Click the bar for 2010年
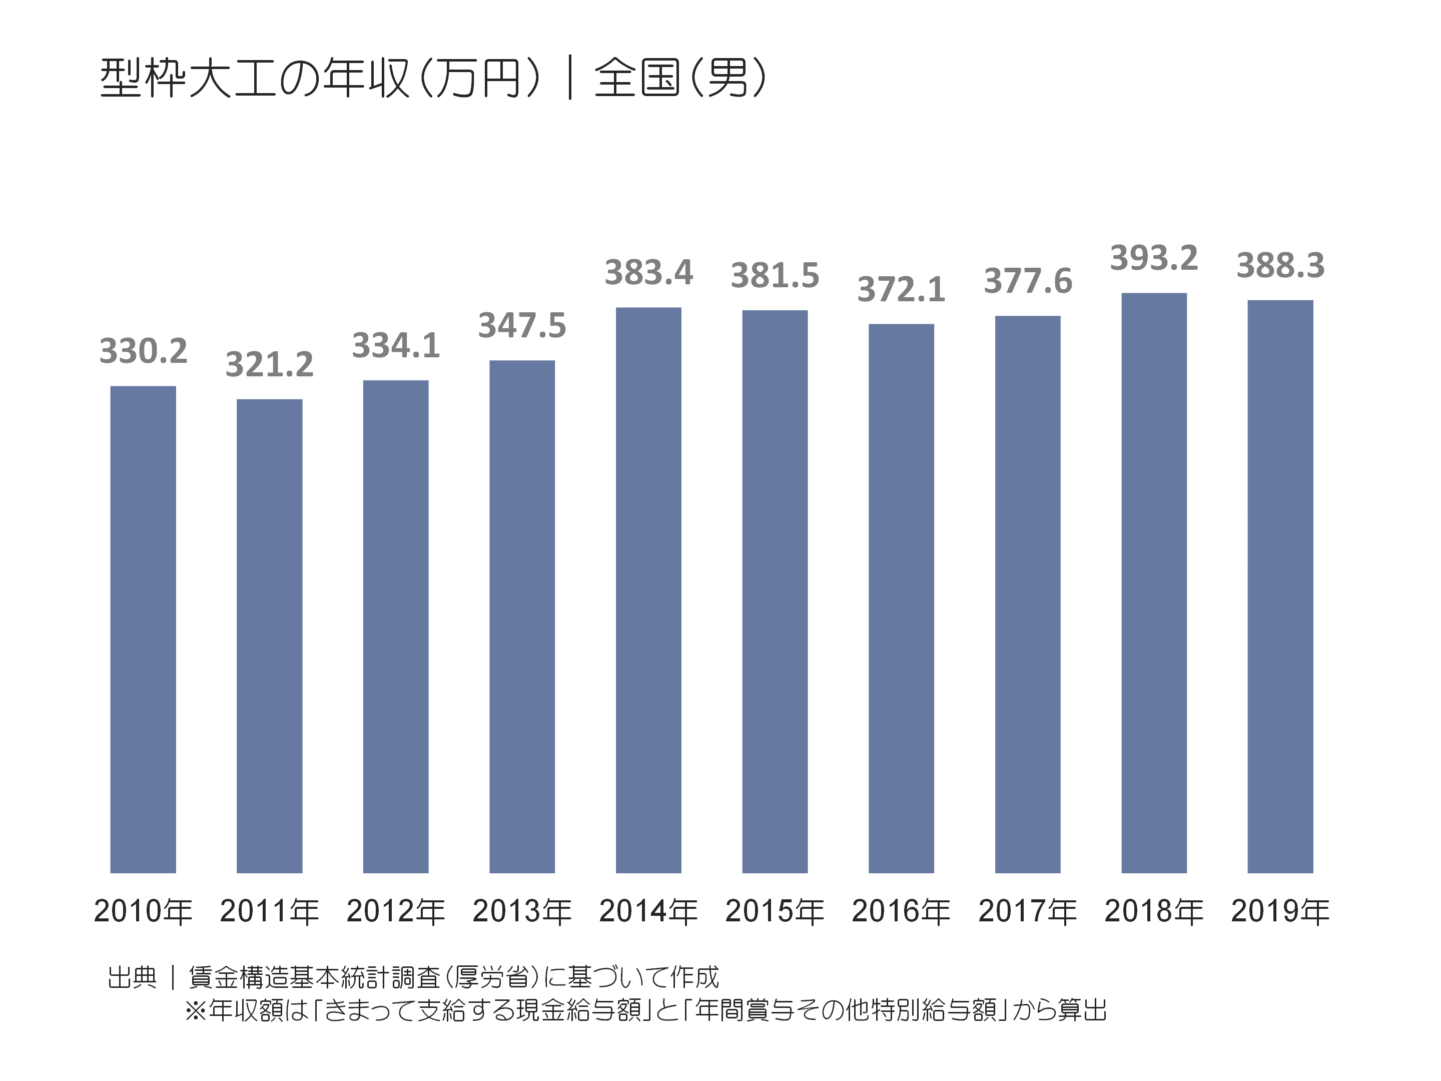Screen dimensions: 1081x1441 point(143,629)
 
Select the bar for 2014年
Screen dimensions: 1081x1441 point(648,590)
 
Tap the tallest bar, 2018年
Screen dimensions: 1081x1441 point(1154,583)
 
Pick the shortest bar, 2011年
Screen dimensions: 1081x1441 point(269,635)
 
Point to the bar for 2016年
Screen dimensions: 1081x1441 point(901,598)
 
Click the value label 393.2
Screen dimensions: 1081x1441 point(1154,258)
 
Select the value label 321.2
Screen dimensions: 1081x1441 point(269,364)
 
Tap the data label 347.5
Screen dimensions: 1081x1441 point(522,325)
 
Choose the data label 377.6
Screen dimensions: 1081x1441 point(1027,281)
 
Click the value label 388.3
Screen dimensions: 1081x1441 point(1280,265)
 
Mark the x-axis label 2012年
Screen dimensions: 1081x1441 point(395,911)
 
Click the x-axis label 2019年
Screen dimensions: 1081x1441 point(1280,911)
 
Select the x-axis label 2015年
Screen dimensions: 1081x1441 point(775,911)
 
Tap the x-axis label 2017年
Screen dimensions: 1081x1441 point(1027,911)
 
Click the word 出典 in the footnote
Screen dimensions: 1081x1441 point(132,977)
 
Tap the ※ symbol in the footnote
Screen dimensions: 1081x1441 point(196,1010)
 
